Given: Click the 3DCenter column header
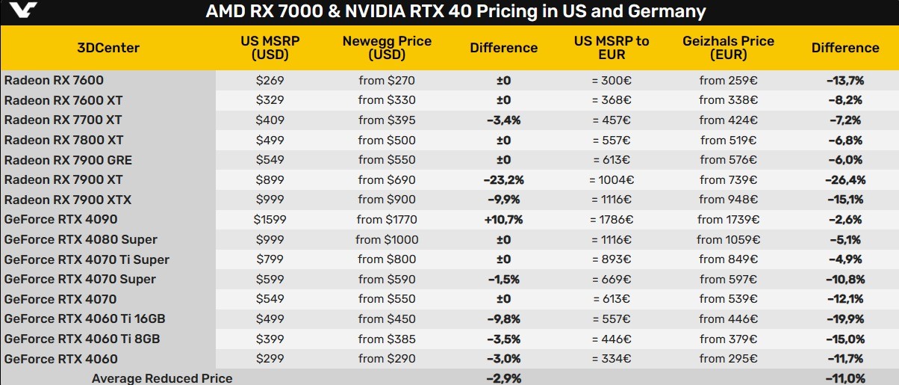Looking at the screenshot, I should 108,48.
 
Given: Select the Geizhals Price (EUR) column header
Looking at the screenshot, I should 728,48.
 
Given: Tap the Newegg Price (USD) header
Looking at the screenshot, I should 387,48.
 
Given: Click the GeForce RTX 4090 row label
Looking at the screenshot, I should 60,220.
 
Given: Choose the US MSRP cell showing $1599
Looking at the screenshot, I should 270,220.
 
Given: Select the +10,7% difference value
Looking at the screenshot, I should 504,220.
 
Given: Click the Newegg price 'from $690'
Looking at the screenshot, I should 387,180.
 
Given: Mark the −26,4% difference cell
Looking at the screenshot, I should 844,180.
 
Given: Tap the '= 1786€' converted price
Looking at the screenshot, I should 612,220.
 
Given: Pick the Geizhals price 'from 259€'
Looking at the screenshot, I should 728,81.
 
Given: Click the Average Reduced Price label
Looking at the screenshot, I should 162,378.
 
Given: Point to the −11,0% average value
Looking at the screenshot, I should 844,378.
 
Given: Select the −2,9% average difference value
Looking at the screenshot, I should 504,378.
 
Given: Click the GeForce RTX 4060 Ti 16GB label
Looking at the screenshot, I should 84,319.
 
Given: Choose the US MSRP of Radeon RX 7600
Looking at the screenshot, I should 270,81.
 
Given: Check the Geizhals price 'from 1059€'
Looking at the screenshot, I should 728,240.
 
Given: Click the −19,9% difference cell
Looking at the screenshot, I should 844,319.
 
